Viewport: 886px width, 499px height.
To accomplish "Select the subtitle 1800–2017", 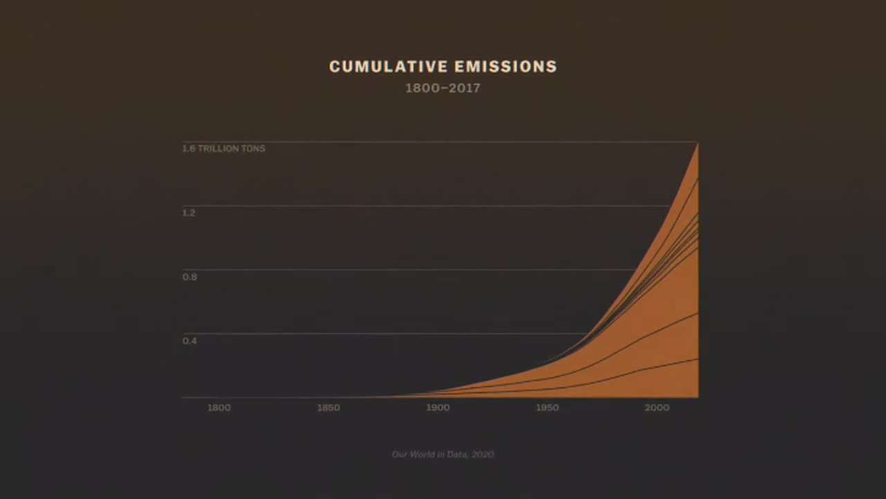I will [x=443, y=89].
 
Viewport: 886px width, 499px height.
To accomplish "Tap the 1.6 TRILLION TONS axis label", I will [x=224, y=148].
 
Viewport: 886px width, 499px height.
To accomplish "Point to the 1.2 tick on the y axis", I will [x=189, y=212].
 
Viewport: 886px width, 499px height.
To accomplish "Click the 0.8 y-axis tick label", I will [x=189, y=277].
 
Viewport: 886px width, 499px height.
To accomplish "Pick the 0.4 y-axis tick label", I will [x=189, y=341].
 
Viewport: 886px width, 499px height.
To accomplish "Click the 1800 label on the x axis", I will [x=219, y=408].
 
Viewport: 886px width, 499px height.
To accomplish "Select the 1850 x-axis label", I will [x=328, y=408].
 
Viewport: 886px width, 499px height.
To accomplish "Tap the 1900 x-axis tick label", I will [x=437, y=408].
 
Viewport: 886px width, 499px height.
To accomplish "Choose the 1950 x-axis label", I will [x=547, y=408].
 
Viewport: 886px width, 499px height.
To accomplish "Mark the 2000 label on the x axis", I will [x=657, y=408].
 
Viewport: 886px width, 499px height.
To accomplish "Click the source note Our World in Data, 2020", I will [x=443, y=454].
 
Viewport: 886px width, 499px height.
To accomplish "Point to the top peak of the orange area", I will [x=697, y=143].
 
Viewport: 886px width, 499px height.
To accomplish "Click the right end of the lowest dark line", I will [x=697, y=359].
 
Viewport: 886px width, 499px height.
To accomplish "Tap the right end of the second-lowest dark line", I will [x=697, y=314].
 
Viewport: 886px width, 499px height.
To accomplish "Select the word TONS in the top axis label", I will [x=253, y=148].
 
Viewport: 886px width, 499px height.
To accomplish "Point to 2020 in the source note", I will [x=483, y=454].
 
